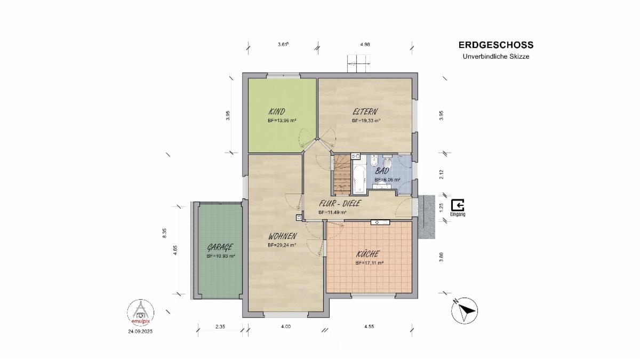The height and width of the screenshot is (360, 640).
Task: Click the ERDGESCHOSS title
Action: pyautogui.click(x=496, y=45)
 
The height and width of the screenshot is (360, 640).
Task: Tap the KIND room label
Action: pyautogui.click(x=277, y=111)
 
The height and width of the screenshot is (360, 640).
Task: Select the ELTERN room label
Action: pyautogui.click(x=365, y=111)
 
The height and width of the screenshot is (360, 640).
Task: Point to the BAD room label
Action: pyautogui.click(x=382, y=171)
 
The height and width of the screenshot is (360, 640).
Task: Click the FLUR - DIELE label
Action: pyautogui.click(x=340, y=203)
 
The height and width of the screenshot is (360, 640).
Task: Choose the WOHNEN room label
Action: pyautogui.click(x=283, y=236)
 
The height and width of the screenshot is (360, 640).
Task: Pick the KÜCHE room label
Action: pyautogui.click(x=367, y=254)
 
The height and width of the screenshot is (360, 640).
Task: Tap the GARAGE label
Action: pyautogui.click(x=220, y=247)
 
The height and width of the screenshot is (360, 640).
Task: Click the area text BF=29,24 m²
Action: pyautogui.click(x=282, y=245)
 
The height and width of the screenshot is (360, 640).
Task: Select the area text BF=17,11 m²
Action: pyautogui.click(x=370, y=263)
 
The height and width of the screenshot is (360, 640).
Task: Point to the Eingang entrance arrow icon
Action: pyautogui.click(x=458, y=205)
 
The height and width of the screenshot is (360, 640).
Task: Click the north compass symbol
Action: pyautogui.click(x=465, y=310)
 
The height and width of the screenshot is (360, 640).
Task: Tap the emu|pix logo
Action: pyautogui.click(x=141, y=313)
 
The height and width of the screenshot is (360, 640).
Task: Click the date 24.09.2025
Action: pyautogui.click(x=140, y=331)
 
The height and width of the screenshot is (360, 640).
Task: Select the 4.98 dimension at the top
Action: pyautogui.click(x=365, y=44)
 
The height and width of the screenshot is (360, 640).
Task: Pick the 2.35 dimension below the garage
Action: pyautogui.click(x=220, y=326)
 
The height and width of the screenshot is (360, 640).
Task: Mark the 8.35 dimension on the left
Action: pyautogui.click(x=164, y=233)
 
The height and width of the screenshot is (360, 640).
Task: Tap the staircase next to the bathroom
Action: pyautogui.click(x=342, y=174)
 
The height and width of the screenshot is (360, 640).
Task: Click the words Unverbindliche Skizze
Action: pyautogui.click(x=496, y=57)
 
